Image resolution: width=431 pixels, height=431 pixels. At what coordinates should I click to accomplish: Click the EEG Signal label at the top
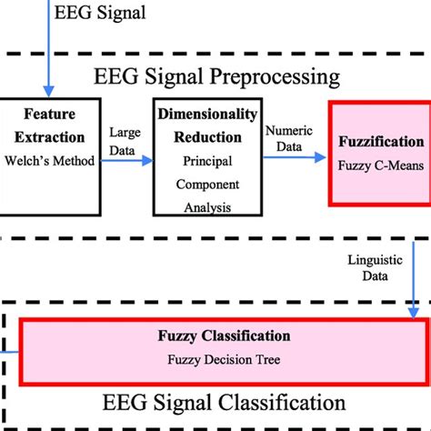100,14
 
